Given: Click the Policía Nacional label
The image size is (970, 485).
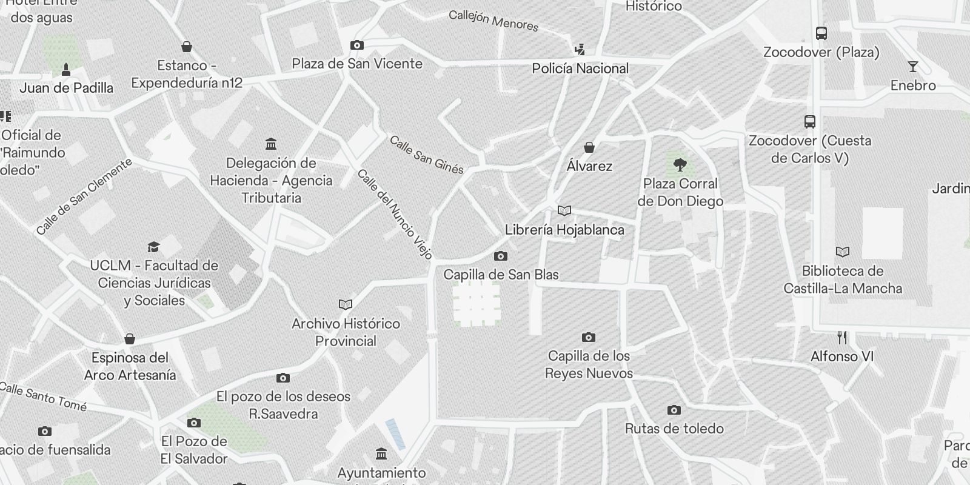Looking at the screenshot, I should click(580, 69).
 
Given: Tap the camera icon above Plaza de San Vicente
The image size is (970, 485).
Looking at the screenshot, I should click(357, 45).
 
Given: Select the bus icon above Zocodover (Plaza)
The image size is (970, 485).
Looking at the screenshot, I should click(821, 33).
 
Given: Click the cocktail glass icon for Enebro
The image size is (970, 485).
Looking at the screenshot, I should click(913, 67).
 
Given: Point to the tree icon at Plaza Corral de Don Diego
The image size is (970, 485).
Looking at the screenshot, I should click(680, 164).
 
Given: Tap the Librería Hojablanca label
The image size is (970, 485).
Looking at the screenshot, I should click(564, 230).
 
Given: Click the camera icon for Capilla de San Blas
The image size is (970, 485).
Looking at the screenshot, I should click(501, 256).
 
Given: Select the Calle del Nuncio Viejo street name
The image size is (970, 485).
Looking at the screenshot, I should click(395, 214).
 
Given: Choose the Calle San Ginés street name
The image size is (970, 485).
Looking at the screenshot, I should click(426, 155).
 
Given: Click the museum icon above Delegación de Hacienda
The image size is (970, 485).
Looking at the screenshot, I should click(271, 144).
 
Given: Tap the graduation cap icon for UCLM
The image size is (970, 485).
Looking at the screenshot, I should click(153, 247).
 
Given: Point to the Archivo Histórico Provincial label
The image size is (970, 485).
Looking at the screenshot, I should click(346, 332).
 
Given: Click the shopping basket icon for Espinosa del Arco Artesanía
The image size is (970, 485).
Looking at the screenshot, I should click(129, 339).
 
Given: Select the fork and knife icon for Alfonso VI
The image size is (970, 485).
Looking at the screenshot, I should click(842, 338).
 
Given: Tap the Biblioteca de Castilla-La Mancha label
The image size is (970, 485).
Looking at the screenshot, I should click(843, 279).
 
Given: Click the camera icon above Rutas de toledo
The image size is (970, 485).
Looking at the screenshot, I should click(674, 410).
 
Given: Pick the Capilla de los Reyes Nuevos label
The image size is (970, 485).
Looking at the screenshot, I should click(589, 364).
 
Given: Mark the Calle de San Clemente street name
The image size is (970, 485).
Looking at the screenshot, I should click(84, 197).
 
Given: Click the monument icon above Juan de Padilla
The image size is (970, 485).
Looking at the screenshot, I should click(66, 70).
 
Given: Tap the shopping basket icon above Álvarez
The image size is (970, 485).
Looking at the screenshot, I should click(589, 147).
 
